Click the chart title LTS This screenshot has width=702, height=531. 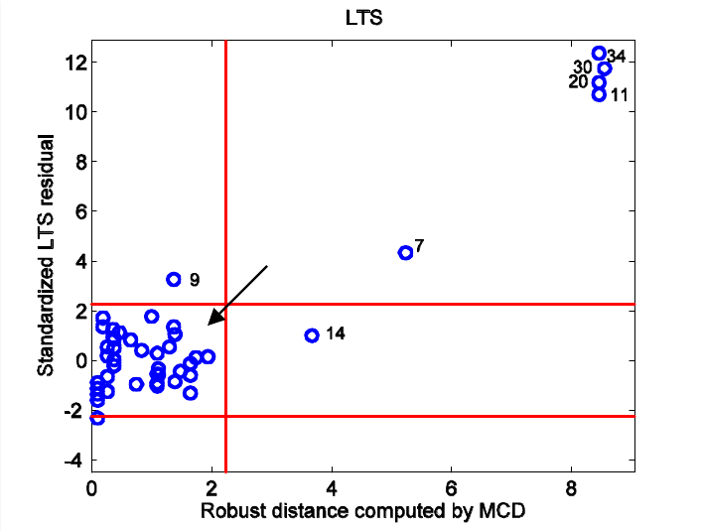[362, 17]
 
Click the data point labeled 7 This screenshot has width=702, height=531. [405, 253]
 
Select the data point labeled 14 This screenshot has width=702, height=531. [312, 335]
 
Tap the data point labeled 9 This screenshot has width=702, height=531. [174, 280]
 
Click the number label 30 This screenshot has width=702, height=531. [583, 67]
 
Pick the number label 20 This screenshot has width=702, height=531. [579, 82]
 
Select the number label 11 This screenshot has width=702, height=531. [619, 95]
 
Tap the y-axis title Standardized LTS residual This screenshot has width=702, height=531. [45, 255]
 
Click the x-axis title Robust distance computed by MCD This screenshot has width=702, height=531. [362, 512]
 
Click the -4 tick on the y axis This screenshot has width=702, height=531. [72, 461]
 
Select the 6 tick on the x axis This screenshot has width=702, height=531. [452, 487]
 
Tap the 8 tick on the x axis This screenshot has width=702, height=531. [571, 487]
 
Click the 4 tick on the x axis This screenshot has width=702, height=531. [332, 487]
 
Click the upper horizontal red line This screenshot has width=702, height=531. [447, 304]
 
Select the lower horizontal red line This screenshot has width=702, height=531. [447, 416]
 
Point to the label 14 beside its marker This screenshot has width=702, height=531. [335, 333]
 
